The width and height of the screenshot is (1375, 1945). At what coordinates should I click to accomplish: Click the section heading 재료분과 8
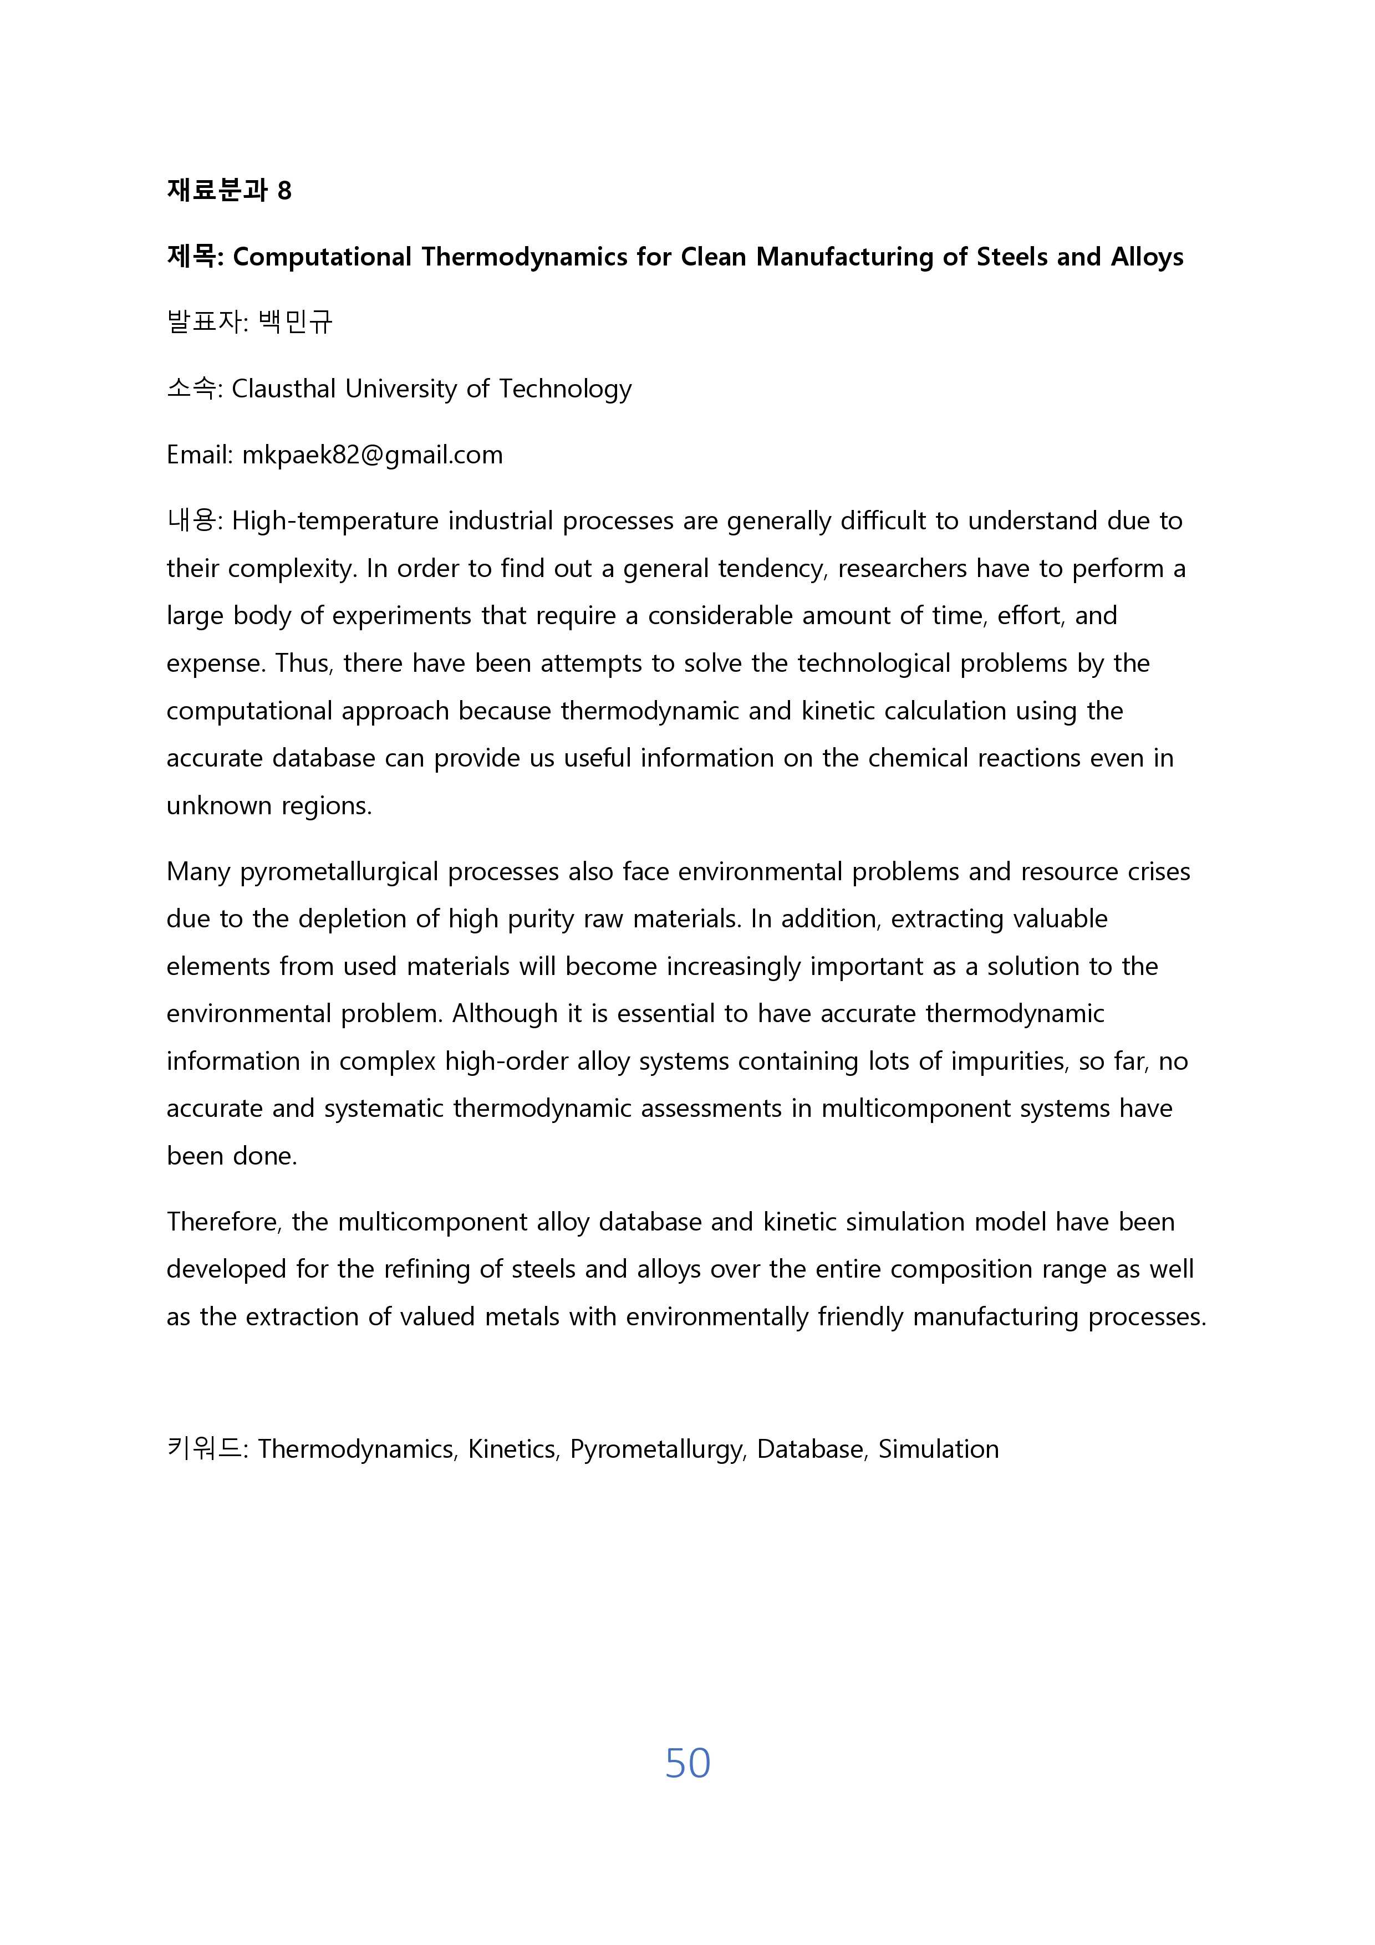click(x=229, y=190)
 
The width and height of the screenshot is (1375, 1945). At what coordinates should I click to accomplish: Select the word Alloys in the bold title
click(x=1147, y=256)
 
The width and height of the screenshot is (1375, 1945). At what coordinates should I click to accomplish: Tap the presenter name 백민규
click(x=295, y=322)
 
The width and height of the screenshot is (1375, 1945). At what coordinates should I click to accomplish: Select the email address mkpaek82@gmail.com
click(x=372, y=455)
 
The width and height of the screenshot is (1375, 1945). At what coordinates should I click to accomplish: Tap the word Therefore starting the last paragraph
click(x=223, y=1222)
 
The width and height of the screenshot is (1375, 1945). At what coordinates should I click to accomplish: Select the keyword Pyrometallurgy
click(x=658, y=1449)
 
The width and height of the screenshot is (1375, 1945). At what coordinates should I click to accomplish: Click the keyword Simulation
click(x=938, y=1449)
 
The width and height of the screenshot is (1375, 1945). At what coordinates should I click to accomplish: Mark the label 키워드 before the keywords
click(x=203, y=1449)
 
